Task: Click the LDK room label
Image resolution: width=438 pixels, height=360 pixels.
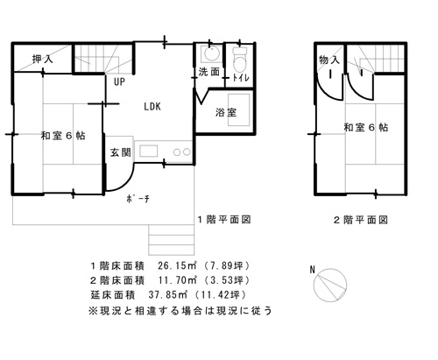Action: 152,107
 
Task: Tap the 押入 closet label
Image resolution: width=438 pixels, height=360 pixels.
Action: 43,60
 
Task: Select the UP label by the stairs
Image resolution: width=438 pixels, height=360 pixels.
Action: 119,81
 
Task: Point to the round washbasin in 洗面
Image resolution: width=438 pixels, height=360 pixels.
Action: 211,53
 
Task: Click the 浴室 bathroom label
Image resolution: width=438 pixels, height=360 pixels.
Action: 226,112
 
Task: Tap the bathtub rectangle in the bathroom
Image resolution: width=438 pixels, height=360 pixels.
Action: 239,109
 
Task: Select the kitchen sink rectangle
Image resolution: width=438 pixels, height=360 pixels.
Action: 149,152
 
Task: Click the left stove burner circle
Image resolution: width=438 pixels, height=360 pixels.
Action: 177,152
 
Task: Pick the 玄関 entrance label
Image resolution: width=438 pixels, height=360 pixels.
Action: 120,152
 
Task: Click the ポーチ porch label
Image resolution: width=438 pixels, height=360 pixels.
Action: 138,199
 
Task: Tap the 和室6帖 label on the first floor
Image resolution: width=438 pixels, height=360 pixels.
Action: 63,136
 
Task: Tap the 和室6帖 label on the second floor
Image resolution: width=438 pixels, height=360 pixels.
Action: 366,128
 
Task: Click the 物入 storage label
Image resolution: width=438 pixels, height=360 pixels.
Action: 329,60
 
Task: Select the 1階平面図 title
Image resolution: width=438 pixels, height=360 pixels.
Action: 224,219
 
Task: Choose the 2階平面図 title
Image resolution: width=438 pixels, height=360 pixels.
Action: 361,220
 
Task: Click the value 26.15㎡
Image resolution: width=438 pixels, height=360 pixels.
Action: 176,265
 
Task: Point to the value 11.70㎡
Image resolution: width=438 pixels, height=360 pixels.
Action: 176,280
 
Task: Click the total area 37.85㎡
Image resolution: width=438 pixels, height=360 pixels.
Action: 167,295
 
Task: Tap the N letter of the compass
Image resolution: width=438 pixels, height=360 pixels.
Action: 313,270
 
